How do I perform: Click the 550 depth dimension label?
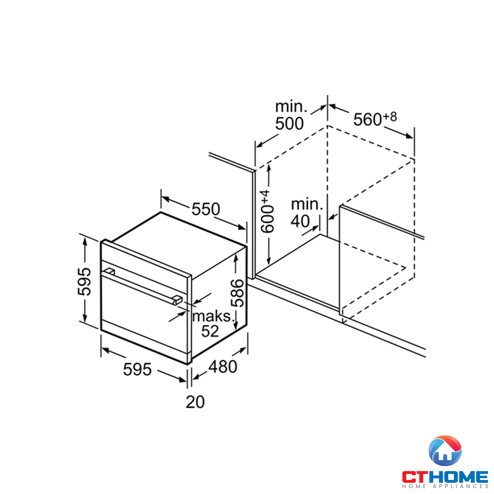pos(206,209)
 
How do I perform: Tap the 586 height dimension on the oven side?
pos(237,293)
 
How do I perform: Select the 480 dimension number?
pos(223,367)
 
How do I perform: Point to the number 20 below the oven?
pos(195,402)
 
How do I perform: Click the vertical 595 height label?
pos(84,282)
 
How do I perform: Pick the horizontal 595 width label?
pos(137,370)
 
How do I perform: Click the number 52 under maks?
pos(210,331)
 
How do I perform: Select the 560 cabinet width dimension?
pos(368,119)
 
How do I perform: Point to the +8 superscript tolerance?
pos(390,117)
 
